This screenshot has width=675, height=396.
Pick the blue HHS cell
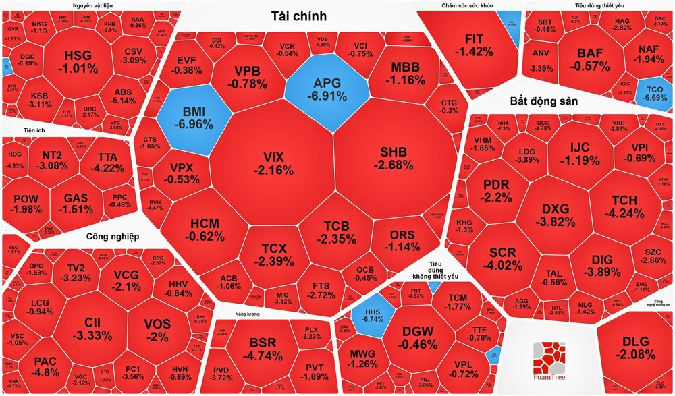371,317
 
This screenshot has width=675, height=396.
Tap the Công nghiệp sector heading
112,237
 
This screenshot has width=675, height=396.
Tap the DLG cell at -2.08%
638,347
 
